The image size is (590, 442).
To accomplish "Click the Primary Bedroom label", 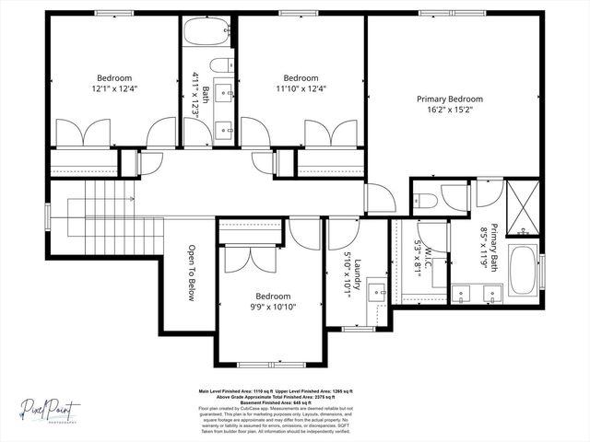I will [x=450, y=99].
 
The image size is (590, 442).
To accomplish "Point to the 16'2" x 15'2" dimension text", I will [x=450, y=109].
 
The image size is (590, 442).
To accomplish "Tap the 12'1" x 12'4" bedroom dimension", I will [x=114, y=88].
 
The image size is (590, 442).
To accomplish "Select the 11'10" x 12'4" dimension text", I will [x=301, y=88].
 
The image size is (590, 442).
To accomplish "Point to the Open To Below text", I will [x=193, y=273].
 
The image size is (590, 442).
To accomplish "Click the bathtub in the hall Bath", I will [x=207, y=33].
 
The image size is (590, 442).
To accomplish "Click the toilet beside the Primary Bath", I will [x=425, y=200].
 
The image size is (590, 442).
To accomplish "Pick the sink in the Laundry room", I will [x=376, y=293].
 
